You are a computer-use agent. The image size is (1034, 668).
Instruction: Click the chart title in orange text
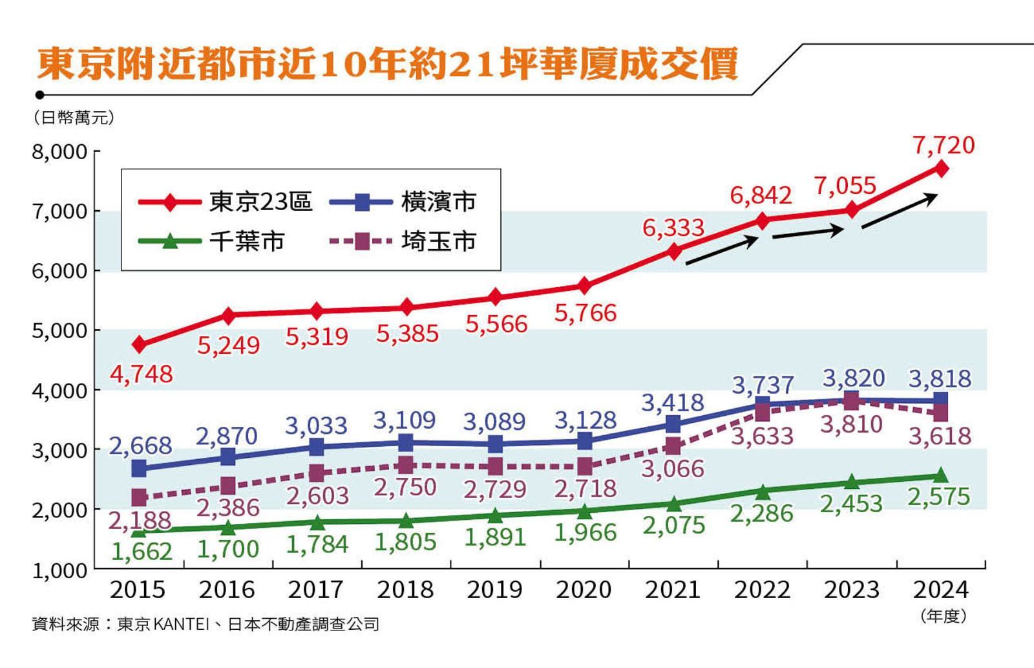pos(388,65)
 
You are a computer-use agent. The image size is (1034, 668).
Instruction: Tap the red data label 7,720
pos(944,145)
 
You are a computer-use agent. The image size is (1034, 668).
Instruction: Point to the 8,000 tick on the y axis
pos(59,152)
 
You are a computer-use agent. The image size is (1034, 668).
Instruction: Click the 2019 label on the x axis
pos(495,590)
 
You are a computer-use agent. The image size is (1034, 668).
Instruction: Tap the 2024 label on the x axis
pos(940,590)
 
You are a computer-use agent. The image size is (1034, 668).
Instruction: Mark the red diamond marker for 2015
pos(139,345)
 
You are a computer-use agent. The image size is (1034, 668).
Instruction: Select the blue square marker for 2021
pos(673,424)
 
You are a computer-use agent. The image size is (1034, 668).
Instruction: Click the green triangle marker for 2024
pos(941,476)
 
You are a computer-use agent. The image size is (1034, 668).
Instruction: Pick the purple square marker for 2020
pos(585,466)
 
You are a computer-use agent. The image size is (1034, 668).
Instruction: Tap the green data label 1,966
pos(586,532)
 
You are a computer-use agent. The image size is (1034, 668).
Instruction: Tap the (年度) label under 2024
pos(944,616)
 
